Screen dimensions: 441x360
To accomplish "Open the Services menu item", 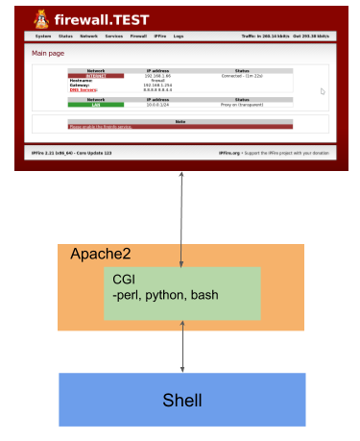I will coord(114,36).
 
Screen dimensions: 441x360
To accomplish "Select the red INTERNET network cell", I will coord(96,75).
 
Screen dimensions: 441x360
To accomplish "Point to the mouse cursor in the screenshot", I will coord(323,92).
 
